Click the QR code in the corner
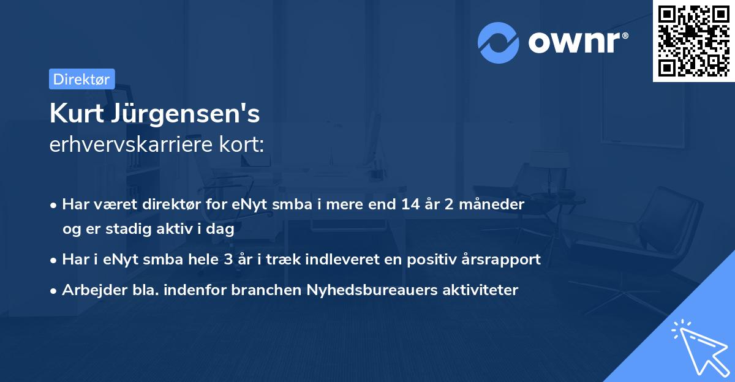[x=693, y=41]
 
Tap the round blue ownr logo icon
[x=498, y=43]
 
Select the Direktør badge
[x=81, y=79]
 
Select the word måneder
[x=494, y=204]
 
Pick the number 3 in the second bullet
[x=228, y=260]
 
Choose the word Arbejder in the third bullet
[x=89, y=290]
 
